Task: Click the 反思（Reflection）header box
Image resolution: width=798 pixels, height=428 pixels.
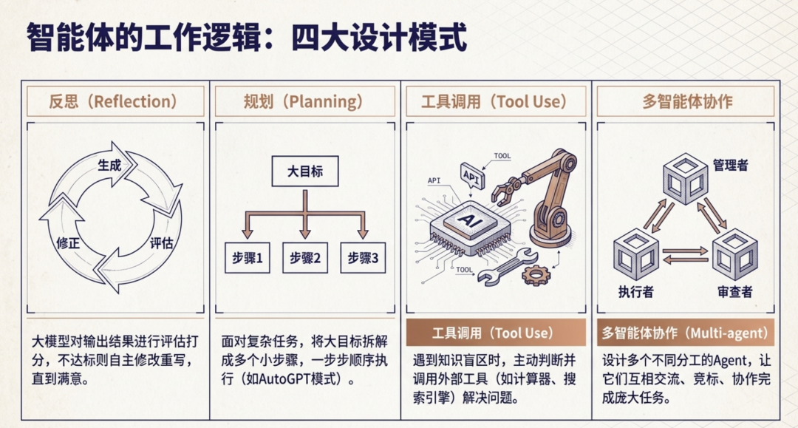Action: (x=115, y=101)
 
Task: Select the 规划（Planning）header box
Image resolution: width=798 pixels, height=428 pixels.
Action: (x=304, y=101)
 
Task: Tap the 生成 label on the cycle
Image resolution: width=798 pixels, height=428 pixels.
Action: (x=109, y=165)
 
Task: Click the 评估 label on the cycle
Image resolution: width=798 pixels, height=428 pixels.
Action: (x=161, y=242)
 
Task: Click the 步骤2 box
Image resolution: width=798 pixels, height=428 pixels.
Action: (x=304, y=258)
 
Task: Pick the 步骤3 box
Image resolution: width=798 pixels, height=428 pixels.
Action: (x=363, y=258)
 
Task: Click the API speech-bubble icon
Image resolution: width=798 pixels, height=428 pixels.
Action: (x=470, y=174)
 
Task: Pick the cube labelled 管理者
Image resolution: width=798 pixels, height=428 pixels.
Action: (x=685, y=177)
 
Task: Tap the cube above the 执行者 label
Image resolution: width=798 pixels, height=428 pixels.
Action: (x=635, y=254)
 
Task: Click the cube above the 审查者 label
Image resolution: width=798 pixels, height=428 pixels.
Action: (x=734, y=254)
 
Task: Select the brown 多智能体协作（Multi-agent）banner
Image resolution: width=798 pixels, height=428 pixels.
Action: (x=686, y=333)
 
